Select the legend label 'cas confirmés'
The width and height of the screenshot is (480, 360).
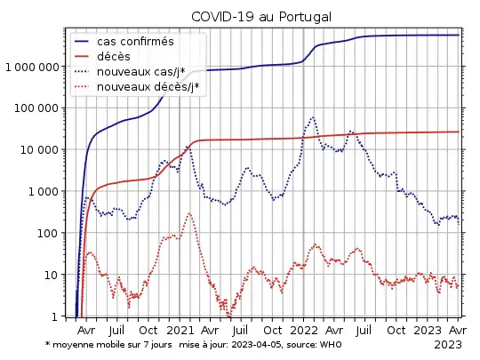[135, 42]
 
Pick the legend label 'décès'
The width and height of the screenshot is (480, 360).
[115, 57]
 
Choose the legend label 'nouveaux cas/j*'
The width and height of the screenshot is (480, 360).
[141, 72]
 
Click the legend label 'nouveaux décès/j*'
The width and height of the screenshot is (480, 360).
[148, 87]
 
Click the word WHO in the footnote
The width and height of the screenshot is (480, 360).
[331, 344]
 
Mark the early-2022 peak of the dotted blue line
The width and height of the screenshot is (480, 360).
[312, 117]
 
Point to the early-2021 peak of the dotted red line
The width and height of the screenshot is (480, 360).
[189, 213]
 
